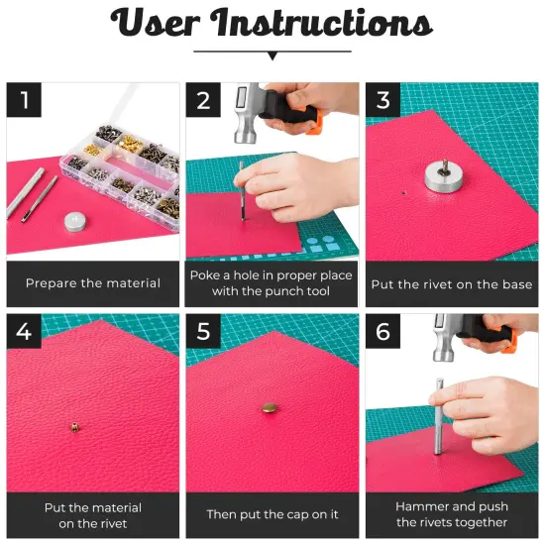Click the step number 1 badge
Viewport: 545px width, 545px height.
(24, 100)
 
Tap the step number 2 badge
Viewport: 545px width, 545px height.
(203, 100)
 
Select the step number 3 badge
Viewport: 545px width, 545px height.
(382, 100)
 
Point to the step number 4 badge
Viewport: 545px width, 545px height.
(24, 332)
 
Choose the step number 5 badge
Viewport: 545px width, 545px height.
(203, 332)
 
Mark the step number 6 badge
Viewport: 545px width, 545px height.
(382, 332)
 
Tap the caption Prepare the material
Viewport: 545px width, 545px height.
(93, 283)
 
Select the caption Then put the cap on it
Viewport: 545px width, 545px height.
(272, 515)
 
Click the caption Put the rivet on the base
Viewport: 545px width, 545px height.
(452, 283)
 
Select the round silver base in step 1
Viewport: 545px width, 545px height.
(73, 221)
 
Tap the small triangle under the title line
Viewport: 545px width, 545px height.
(272, 56)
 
